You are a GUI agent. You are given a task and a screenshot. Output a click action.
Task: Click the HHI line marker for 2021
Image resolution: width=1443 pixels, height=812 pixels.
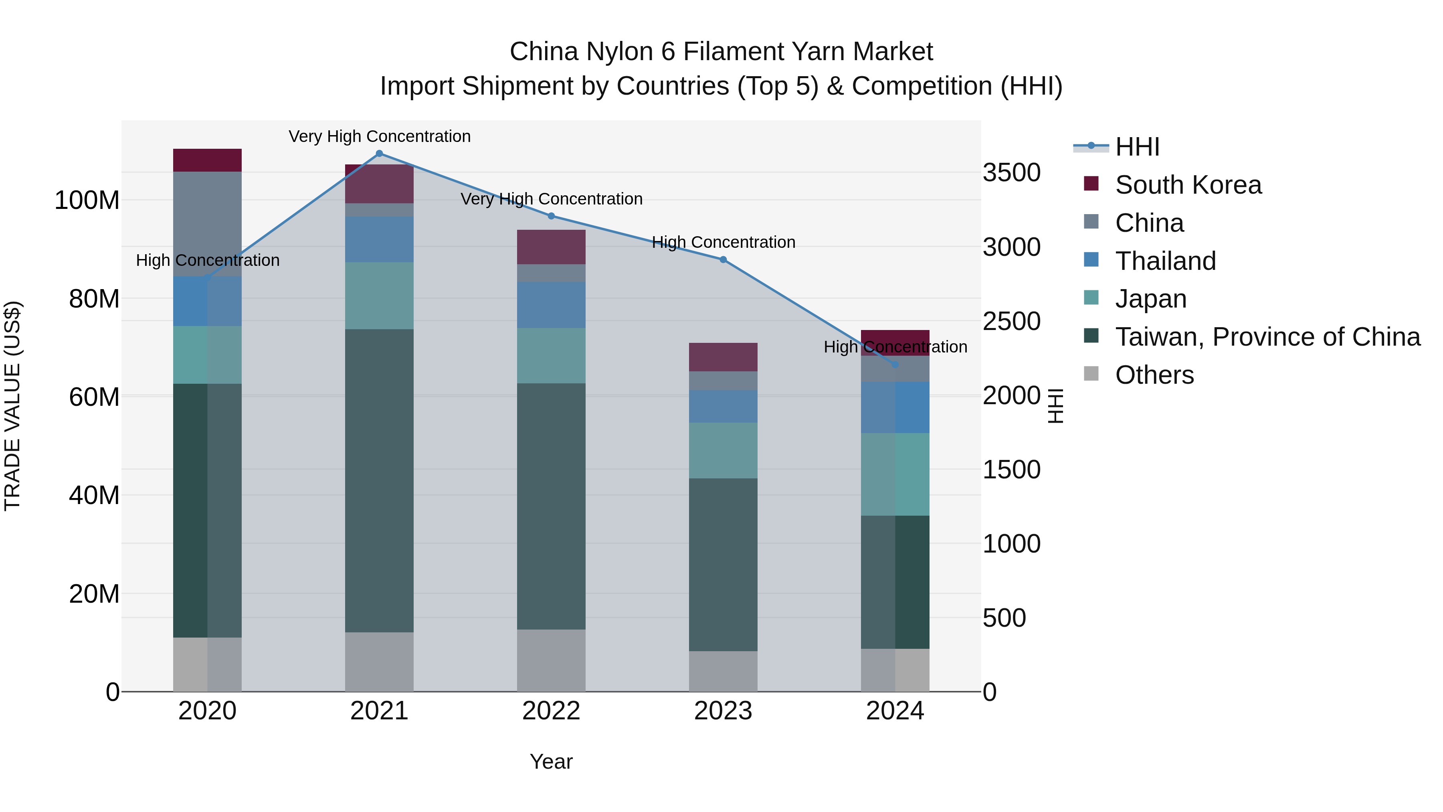[x=379, y=154]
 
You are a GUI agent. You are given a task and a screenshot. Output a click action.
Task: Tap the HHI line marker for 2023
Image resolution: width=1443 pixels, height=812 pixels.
[x=723, y=259]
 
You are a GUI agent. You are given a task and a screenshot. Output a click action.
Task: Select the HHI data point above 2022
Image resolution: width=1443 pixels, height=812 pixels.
[x=551, y=216]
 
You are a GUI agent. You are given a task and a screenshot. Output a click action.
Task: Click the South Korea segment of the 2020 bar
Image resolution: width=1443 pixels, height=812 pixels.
[x=207, y=160]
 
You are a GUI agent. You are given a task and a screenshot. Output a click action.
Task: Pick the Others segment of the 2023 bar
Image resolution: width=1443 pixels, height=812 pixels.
[x=723, y=671]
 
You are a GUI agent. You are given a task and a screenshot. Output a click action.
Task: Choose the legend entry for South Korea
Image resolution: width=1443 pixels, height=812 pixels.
[x=1188, y=185]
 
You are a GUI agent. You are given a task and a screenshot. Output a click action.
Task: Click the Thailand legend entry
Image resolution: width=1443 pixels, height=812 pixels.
[x=1165, y=261]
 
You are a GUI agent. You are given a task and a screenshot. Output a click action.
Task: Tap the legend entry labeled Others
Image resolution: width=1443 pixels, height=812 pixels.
[x=1154, y=375]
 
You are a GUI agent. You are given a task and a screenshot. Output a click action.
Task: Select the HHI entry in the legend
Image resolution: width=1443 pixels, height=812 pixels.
[x=1137, y=147]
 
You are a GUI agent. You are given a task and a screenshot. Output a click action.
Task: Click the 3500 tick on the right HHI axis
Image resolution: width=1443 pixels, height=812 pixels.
[x=1012, y=172]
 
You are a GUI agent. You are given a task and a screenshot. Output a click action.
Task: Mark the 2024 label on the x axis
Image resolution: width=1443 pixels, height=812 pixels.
[x=895, y=711]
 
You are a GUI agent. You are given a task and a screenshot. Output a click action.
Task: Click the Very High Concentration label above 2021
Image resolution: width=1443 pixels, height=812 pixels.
[x=379, y=136]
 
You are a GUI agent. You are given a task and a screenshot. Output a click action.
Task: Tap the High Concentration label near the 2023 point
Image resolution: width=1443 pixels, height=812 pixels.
[x=723, y=242]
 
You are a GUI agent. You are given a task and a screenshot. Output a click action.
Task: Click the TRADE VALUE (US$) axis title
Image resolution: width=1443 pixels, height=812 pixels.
[x=12, y=406]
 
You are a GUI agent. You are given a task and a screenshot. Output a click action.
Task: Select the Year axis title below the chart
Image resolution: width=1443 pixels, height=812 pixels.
[x=551, y=761]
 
